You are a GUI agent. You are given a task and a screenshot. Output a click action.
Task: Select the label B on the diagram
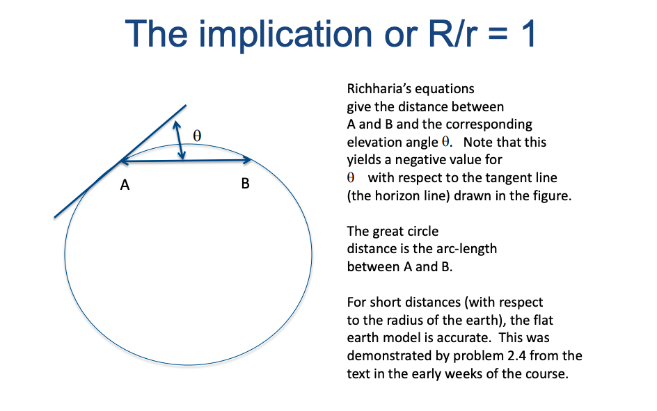pyautogui.click(x=245, y=184)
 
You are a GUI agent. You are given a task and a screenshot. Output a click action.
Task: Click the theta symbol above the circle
pyautogui.click(x=197, y=136)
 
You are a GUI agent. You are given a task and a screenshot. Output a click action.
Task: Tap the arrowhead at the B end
pyautogui.click(x=247, y=160)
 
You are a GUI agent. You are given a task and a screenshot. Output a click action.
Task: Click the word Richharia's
pyautogui.click(x=381, y=89)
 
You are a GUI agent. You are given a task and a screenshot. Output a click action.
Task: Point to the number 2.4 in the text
pyautogui.click(x=528, y=355)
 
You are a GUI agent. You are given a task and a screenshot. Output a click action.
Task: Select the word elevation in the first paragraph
pyautogui.click(x=374, y=142)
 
